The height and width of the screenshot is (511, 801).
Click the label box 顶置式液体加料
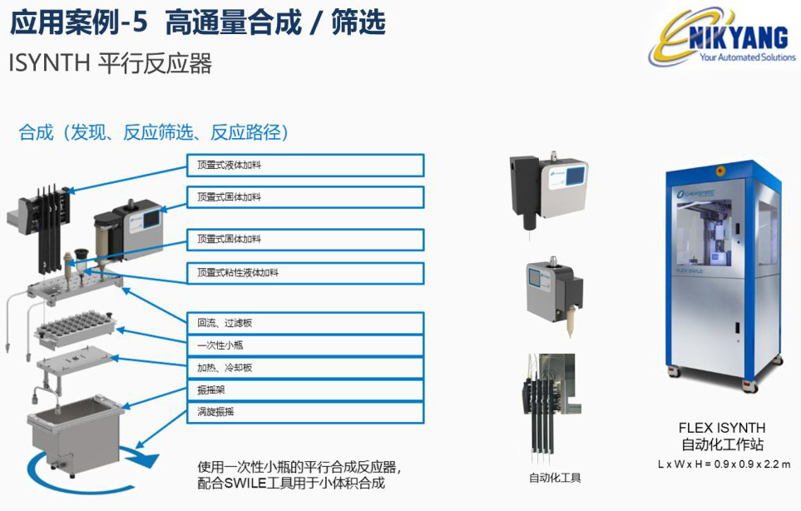[304, 165]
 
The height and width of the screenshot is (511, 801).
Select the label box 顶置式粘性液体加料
[304, 273]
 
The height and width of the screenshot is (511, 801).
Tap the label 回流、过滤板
[304, 323]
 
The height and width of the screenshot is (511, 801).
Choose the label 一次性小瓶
[304, 345]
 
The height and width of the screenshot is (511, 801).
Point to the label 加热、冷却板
[304, 367]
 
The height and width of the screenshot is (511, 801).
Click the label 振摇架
[304, 389]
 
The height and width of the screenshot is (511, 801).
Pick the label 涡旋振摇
[304, 411]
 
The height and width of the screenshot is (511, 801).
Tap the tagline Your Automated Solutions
[747, 58]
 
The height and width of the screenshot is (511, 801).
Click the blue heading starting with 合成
[153, 132]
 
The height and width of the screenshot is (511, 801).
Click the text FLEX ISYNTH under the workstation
[722, 428]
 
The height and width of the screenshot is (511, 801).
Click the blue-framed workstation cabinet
[723, 275]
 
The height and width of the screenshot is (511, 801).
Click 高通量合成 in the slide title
[233, 22]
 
